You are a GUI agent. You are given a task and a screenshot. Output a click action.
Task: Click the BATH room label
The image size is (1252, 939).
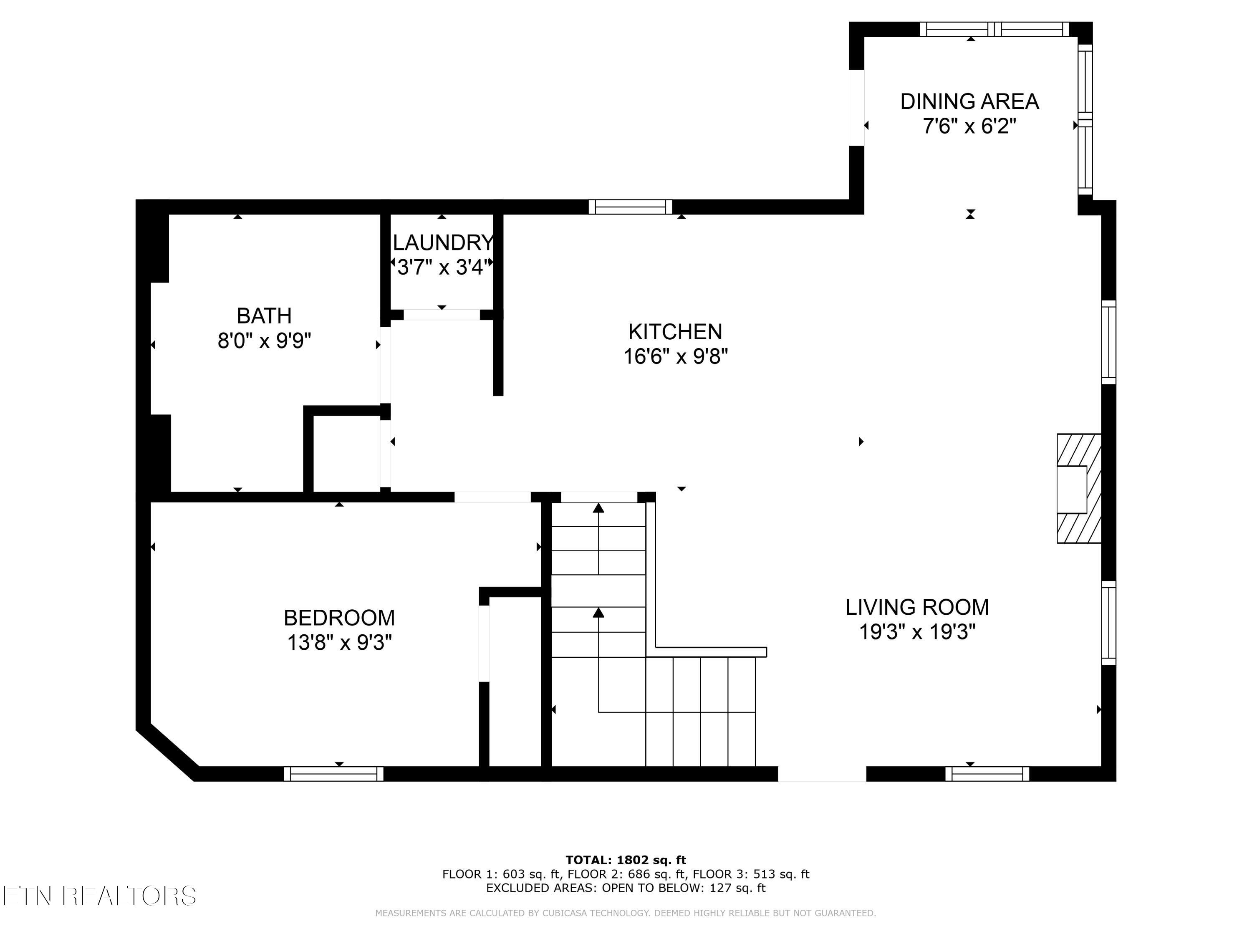264,315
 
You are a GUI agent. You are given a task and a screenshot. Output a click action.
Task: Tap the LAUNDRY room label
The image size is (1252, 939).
443,243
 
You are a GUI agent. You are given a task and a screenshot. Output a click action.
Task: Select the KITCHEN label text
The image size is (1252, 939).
675,332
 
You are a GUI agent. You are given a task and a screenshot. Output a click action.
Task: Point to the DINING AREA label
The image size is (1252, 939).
969,101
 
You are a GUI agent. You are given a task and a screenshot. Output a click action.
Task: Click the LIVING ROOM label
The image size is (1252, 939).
917,607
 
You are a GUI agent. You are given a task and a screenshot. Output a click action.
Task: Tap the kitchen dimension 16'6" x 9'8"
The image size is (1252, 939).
675,356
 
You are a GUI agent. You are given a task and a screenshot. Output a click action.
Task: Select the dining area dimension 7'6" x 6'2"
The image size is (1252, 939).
969,126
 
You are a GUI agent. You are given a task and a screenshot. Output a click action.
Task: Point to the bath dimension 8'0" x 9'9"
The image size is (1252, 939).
264,341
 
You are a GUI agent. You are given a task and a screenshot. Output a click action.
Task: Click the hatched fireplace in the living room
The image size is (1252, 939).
1079,489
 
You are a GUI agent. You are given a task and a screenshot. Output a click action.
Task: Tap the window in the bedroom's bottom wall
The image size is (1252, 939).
333,774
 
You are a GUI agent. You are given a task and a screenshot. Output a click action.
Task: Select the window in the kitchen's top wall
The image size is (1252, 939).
631,207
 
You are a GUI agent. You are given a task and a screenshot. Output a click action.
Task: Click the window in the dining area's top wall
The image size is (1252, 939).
995,30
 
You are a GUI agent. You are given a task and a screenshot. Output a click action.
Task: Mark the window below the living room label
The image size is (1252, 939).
987,774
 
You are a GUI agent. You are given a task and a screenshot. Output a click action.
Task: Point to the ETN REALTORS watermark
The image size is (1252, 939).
100,896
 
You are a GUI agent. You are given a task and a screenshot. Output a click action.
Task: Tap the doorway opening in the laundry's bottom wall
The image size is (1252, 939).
442,315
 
